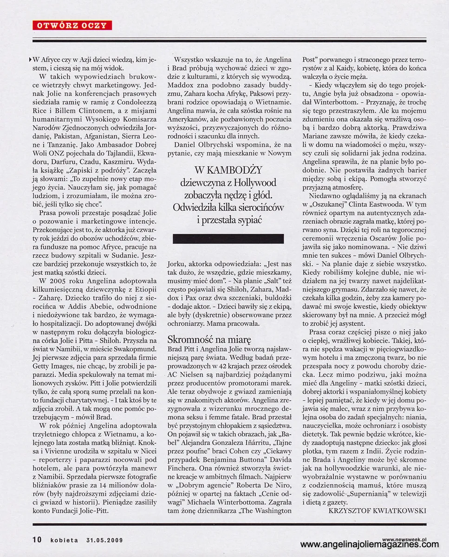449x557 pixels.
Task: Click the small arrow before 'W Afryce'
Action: [x=31, y=59]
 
